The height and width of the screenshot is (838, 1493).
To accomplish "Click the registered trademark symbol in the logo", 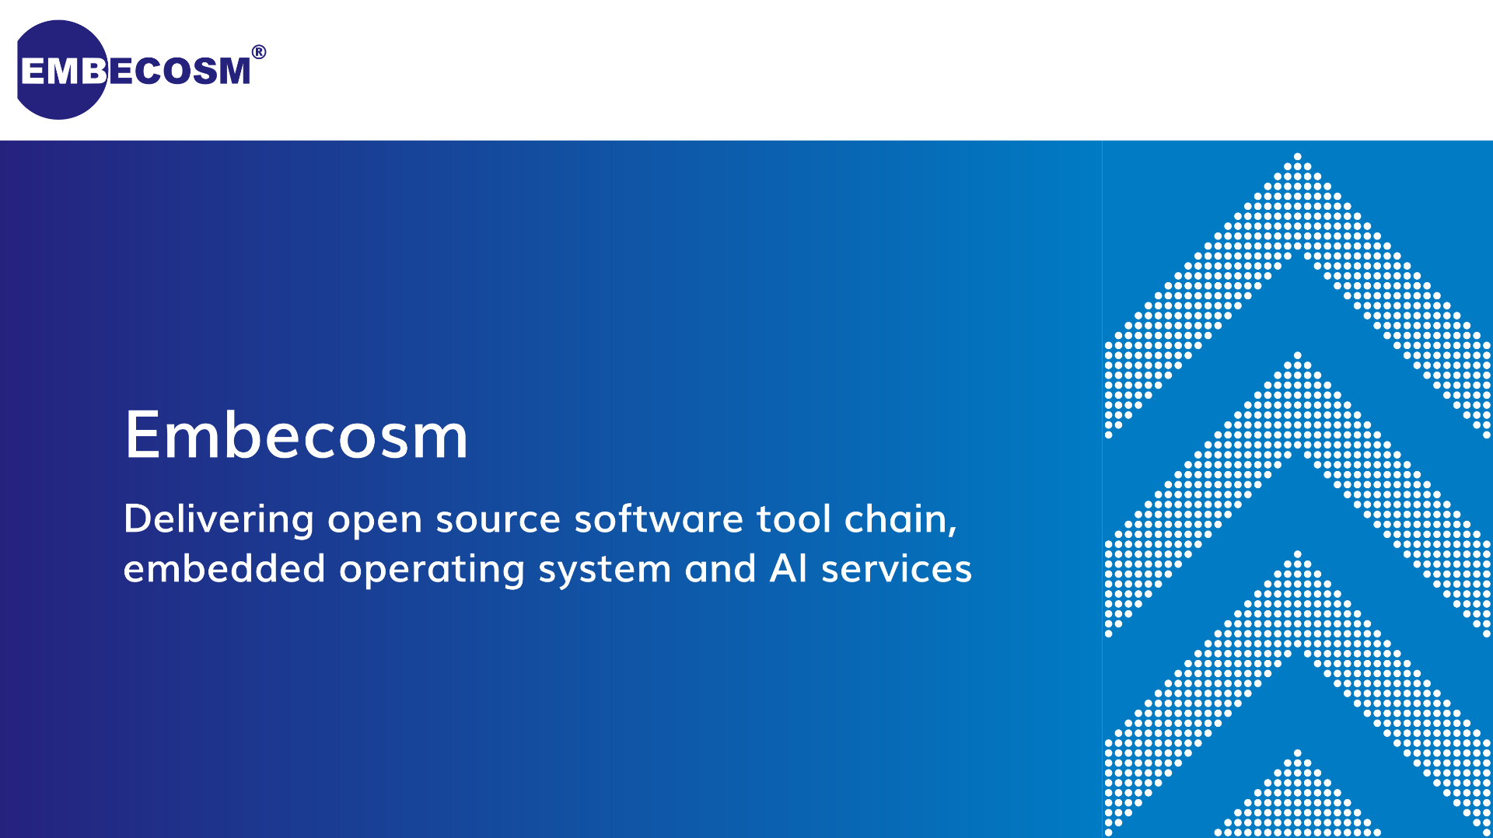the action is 259,52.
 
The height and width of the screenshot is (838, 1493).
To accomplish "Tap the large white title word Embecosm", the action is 296,435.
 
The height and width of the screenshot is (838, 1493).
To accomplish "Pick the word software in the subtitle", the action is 659,519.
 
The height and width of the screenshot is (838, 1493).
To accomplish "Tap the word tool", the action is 794,519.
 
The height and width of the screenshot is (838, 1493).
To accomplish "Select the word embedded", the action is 224,568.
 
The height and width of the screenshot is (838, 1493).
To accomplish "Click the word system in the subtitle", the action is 604,571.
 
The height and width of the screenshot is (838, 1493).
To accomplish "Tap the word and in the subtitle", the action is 720,568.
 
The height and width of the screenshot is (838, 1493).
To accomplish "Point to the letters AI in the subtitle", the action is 788,568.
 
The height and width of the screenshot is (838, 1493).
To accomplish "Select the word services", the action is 897,570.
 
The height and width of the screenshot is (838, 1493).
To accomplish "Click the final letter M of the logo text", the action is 233,71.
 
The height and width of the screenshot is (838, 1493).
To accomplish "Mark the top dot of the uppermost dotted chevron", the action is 1297,156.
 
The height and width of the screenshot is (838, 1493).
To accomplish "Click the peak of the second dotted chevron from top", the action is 1297,355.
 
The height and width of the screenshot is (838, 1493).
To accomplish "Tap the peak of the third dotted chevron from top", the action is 1297,554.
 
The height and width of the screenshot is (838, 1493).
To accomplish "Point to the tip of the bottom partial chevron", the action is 1297,753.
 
